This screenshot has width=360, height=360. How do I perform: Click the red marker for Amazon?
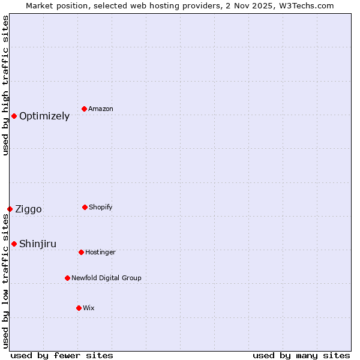(x=84, y=109)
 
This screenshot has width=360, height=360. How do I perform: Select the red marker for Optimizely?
(x=14, y=116)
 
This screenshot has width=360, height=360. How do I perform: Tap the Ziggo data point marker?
(x=10, y=209)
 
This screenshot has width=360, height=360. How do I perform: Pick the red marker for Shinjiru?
(x=14, y=244)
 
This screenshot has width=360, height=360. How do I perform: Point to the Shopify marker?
(x=85, y=207)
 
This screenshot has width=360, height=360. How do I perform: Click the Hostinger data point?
(x=81, y=252)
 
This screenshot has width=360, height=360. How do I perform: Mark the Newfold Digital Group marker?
(x=67, y=278)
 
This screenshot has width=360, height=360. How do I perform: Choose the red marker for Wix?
(x=79, y=308)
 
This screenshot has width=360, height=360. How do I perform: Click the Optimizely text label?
(x=44, y=116)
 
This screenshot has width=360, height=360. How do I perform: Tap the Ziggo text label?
(x=28, y=209)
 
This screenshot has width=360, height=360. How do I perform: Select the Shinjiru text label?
(x=38, y=244)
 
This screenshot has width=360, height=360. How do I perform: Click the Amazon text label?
(x=101, y=109)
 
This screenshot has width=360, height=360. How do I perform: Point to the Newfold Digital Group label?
(x=106, y=278)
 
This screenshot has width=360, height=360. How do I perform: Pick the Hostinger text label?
(x=100, y=253)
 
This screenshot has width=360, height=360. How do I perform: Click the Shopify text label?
(x=100, y=208)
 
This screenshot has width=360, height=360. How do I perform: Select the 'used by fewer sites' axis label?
(x=62, y=356)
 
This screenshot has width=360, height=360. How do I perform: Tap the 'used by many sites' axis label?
(x=301, y=356)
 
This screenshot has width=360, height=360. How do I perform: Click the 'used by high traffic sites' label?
(x=5, y=85)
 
